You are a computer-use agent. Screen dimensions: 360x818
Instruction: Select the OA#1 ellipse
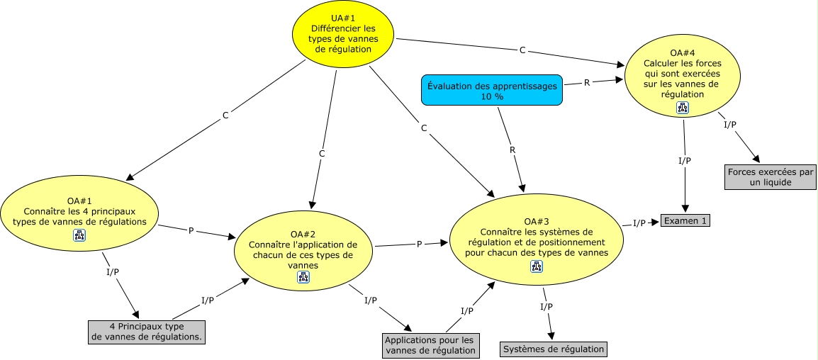point(79,210)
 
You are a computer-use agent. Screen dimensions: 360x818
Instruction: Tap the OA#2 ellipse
point(303,249)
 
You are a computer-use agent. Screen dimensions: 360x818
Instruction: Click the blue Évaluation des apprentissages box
point(492,90)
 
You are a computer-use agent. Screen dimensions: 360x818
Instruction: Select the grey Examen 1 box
point(685,220)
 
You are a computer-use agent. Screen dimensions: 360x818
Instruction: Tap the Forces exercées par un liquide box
point(770,177)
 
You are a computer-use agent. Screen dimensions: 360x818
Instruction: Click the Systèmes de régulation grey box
point(554,349)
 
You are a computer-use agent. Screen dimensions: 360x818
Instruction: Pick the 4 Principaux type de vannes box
point(147,332)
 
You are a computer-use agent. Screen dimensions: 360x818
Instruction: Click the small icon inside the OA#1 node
point(79,235)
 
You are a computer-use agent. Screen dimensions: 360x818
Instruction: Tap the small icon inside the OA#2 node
point(303,277)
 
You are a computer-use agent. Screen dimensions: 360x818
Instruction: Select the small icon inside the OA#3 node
point(537,266)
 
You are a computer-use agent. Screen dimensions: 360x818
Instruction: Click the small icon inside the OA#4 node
point(683,108)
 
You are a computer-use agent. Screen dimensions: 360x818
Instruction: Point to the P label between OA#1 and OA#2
point(191,231)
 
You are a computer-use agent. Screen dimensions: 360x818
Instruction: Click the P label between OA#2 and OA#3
point(419,244)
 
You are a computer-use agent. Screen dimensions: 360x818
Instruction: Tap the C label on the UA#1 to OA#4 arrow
point(522,50)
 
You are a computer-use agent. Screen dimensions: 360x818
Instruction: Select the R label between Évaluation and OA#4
point(586,83)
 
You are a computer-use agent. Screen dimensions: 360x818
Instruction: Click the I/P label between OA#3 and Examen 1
point(639,223)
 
